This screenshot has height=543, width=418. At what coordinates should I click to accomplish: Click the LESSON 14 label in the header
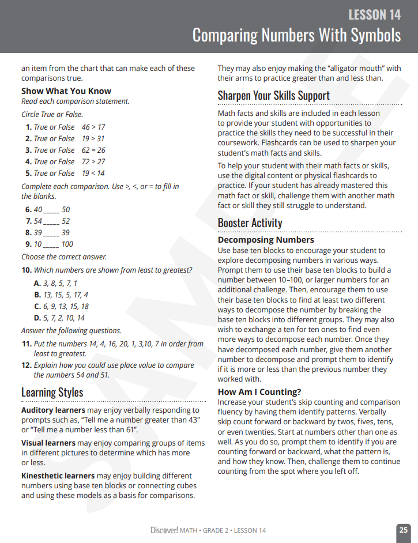[x=374, y=14]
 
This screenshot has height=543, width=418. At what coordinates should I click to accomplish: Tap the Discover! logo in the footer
[x=164, y=530]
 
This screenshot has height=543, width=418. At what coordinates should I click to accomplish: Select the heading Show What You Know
[x=66, y=91]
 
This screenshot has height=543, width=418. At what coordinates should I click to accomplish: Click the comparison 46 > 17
[x=93, y=127]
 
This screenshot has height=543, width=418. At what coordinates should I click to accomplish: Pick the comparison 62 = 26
[x=93, y=150]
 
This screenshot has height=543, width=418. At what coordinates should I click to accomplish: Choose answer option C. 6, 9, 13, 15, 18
[x=61, y=307]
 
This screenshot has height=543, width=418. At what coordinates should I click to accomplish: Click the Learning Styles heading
[x=52, y=393]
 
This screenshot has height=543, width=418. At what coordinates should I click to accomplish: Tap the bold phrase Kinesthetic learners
[x=58, y=476]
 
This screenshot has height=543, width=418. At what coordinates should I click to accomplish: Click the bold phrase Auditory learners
[x=53, y=410]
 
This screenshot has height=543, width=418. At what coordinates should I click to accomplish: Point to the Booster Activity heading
[x=250, y=223]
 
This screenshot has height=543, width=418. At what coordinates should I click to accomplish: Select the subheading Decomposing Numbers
[x=266, y=240]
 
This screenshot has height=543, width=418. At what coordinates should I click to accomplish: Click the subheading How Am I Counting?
[x=259, y=392]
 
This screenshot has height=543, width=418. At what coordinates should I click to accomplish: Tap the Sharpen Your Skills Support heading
[x=274, y=96]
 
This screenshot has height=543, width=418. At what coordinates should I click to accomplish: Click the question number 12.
[x=27, y=365]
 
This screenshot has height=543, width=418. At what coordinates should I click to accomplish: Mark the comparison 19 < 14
[x=93, y=173]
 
